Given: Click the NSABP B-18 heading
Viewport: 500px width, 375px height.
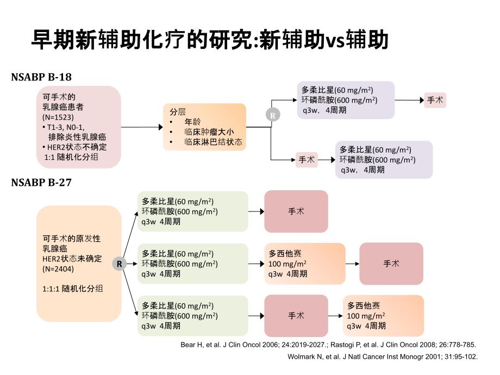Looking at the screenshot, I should tap(41, 77).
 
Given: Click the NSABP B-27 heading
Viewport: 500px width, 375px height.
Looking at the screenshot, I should tap(41, 183).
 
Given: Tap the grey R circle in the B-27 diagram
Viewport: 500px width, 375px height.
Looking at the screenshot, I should tap(119, 264).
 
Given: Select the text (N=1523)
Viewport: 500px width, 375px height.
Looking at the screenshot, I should tap(58, 117).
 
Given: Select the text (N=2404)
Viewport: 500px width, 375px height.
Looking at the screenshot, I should tap(58, 269).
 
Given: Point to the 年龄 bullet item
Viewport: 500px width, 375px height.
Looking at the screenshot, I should tap(192, 122).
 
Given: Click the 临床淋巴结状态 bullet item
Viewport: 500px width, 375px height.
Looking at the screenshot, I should tap(213, 142).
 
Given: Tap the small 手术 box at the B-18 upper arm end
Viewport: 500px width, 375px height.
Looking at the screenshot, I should tap(435, 100).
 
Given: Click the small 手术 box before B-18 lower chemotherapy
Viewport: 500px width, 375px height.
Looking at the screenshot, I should tap(307, 160).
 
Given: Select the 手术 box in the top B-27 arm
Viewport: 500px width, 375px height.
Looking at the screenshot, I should tap(296, 211).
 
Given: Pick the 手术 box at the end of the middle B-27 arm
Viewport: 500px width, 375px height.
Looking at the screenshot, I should tap(391, 264).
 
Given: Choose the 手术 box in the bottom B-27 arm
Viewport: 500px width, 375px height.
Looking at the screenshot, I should tap(296, 316).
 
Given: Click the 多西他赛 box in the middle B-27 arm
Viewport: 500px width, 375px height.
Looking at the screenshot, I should tap(306, 264).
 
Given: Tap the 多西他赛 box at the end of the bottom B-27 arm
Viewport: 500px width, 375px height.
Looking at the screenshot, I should tap(384, 316).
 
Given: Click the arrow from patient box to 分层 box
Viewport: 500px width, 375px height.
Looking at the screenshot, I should tap(141, 127).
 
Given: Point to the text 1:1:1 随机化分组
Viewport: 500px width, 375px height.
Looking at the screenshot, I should tap(73, 289).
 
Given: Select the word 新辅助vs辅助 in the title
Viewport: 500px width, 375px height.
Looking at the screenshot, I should tap(324, 40).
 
